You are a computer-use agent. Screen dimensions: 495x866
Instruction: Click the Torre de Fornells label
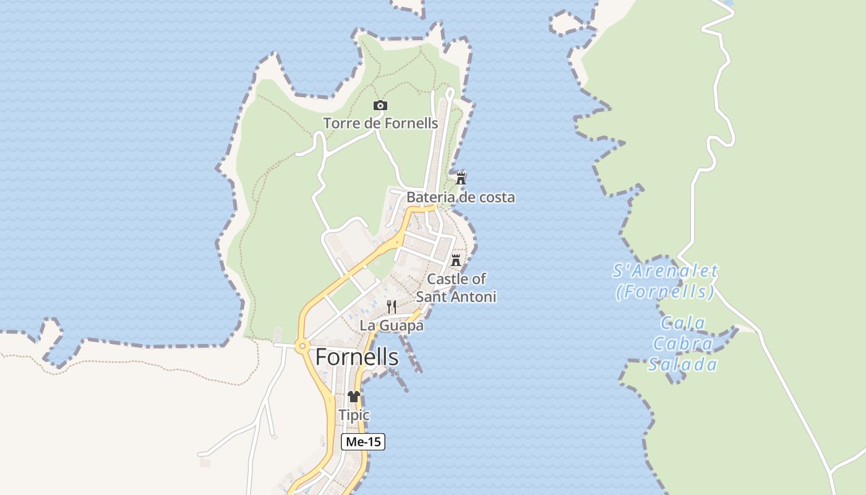point(380,123)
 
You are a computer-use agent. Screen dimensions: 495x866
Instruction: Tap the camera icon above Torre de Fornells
point(380,106)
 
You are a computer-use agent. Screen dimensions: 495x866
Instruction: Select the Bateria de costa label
point(460,197)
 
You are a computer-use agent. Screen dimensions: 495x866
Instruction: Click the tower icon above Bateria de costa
point(461,178)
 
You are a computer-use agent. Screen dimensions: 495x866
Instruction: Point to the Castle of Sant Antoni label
point(456,288)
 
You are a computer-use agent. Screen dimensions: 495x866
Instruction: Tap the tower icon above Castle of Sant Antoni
point(456,260)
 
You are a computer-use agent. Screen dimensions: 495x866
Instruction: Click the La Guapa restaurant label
point(392,325)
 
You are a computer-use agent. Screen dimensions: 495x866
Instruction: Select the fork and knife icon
point(392,306)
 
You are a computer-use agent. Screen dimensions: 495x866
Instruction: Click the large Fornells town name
point(357,357)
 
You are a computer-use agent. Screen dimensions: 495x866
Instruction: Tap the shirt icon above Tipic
point(354,397)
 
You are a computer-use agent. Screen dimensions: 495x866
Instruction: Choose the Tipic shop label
point(354,415)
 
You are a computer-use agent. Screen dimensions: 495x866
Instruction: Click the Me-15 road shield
point(363,442)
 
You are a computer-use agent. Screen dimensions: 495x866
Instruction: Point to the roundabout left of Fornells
point(302,346)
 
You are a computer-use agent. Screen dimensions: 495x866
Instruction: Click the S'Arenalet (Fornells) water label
point(666,281)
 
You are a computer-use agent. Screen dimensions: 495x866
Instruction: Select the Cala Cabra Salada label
point(683,343)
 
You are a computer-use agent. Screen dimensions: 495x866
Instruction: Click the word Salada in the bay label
point(683,364)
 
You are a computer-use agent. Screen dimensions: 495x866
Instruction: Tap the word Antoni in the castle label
point(473,297)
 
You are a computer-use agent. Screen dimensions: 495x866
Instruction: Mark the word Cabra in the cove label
point(683,343)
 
